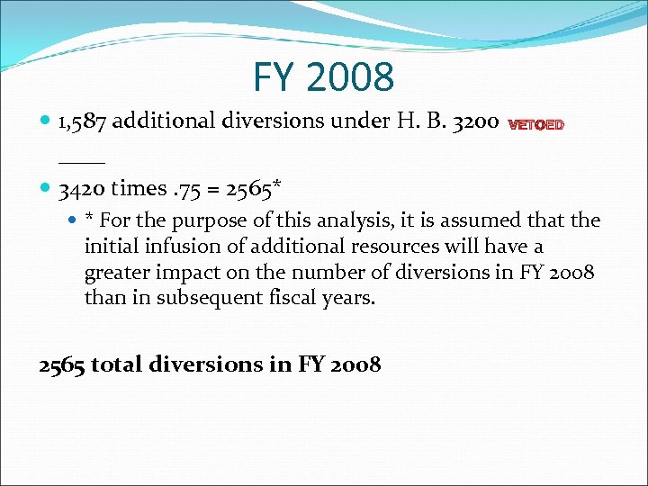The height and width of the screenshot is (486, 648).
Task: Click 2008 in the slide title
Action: [x=350, y=78]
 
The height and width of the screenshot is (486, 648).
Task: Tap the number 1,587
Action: [x=84, y=122]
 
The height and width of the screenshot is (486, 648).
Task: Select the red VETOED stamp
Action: [x=536, y=126]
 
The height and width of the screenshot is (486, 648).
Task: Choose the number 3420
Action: [x=83, y=189]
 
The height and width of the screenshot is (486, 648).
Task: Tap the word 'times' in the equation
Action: [x=139, y=189]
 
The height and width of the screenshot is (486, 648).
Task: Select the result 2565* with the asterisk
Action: [x=254, y=189]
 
